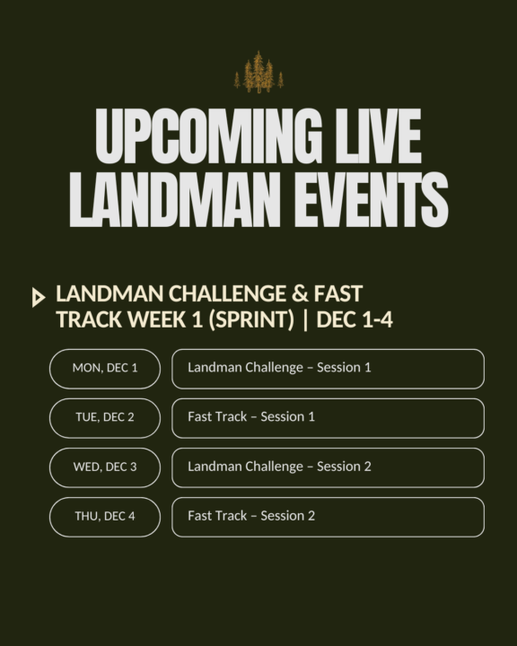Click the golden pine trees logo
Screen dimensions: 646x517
click(258, 73)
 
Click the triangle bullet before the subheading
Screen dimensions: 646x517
click(38, 298)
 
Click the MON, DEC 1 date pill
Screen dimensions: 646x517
click(105, 368)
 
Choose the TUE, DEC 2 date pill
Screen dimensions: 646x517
click(105, 417)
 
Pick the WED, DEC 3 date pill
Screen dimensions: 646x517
click(105, 467)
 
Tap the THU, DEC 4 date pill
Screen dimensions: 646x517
click(105, 516)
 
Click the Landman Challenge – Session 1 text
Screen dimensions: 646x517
click(279, 368)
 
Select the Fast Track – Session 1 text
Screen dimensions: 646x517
click(251, 417)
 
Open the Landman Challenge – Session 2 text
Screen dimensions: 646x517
click(279, 467)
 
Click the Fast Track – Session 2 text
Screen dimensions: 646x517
click(251, 516)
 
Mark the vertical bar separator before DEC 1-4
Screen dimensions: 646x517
click(306, 320)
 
